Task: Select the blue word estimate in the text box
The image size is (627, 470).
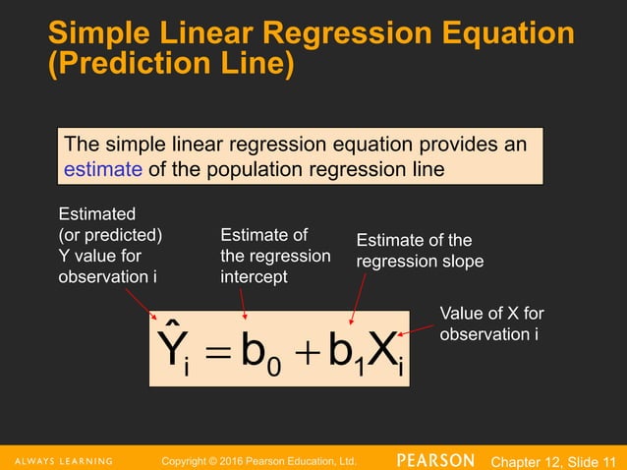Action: coord(101,169)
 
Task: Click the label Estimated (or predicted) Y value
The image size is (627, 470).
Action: coord(110,245)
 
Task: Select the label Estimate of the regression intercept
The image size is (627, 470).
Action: coord(274,256)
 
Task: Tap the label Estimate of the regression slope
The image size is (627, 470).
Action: coord(419,251)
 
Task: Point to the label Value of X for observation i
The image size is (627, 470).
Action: coord(491,323)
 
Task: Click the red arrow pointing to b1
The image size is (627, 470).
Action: coord(358,297)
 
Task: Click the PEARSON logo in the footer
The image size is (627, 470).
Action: coord(436,460)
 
